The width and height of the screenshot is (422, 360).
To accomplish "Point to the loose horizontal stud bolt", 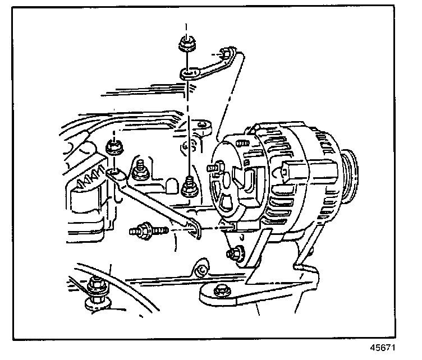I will click(148, 230).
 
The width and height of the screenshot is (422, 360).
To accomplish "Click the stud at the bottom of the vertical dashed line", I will click(189, 187).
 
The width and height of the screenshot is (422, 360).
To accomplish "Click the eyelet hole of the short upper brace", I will click(188, 72).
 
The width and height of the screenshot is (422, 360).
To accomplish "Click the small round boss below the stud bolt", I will click(201, 270).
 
